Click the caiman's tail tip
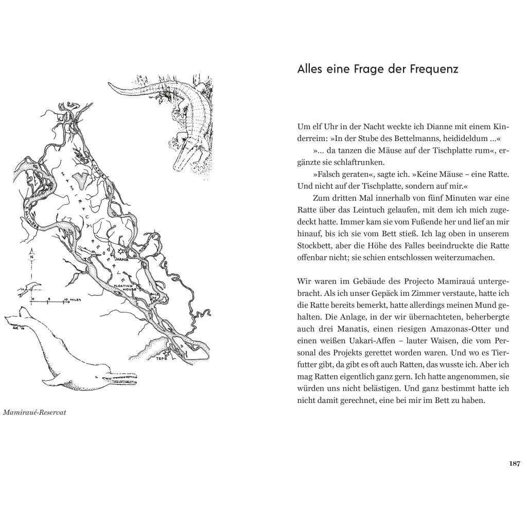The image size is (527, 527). pyautogui.click(x=110, y=84)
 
